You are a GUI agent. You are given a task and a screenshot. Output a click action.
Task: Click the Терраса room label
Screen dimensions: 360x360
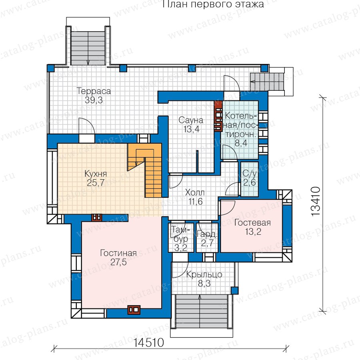point(94,91)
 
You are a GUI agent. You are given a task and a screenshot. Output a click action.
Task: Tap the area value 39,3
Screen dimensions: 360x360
point(94,100)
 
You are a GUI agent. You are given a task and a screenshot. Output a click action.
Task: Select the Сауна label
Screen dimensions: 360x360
point(191,120)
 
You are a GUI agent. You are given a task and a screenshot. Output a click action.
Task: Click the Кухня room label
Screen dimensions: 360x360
point(96,174)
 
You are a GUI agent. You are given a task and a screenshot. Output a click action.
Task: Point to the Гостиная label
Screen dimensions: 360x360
point(118,253)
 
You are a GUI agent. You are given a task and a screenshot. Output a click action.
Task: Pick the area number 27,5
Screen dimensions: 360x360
point(118,262)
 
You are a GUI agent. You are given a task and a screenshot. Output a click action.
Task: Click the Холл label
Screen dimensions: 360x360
point(195,192)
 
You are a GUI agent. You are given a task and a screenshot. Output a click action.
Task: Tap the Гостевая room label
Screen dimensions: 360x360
point(252,223)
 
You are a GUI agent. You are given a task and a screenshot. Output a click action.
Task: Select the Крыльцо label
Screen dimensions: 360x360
point(204,274)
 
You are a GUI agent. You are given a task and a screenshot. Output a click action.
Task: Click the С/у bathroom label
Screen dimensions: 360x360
point(250,174)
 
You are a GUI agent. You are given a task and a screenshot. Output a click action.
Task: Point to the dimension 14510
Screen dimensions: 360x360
point(149,343)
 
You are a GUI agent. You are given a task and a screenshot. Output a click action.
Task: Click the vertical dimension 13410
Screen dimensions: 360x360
point(316,201)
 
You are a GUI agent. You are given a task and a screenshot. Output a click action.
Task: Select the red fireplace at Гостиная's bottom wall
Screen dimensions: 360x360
point(134,310)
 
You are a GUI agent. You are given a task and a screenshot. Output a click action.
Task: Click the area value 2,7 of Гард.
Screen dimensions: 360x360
point(207,243)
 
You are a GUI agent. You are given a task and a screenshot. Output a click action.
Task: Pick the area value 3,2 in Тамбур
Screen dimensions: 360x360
point(181,248)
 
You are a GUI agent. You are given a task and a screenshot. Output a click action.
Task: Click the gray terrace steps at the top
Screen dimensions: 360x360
point(88,48)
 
